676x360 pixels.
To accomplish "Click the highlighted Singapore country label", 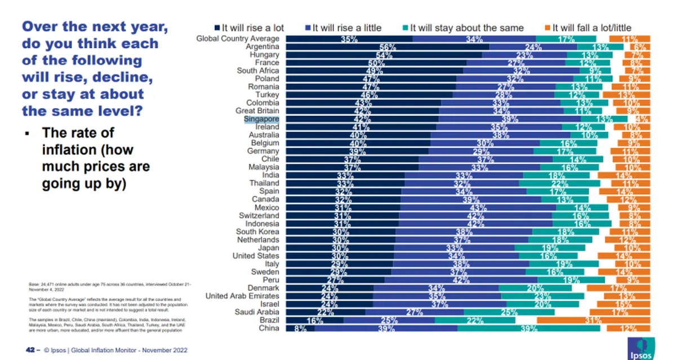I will coord(261,119).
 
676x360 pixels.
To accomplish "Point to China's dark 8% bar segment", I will coord(300,328).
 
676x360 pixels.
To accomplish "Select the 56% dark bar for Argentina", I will coord(387,47).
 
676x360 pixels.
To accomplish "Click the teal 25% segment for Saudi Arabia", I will coord(509,312).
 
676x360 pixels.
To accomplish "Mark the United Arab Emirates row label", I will coord(243,296).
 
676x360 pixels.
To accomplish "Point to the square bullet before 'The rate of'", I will coord(26,134).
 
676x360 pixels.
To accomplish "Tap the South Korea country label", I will coord(257,232).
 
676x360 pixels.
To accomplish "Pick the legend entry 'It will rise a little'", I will coord(348,28).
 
